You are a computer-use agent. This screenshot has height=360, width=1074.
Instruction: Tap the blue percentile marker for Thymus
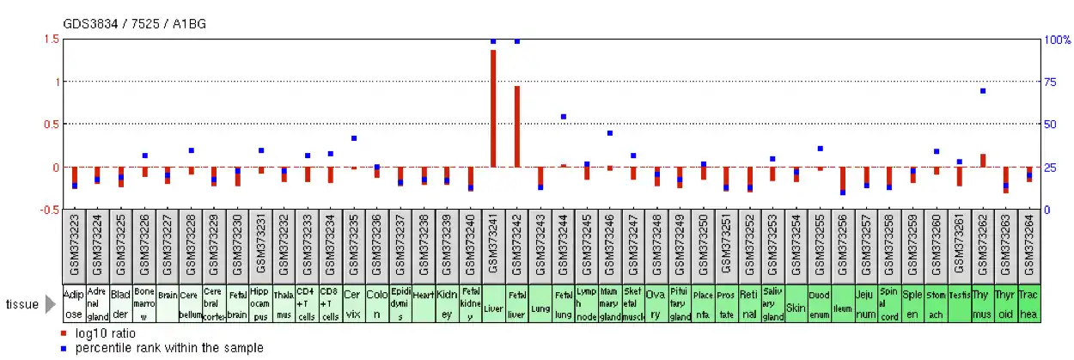pos(983,91)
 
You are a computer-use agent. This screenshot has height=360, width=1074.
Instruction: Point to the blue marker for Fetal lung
pos(564,117)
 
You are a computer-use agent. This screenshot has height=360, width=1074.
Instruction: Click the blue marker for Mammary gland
pos(610,133)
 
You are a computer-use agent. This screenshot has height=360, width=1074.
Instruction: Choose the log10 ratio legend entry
pos(105,333)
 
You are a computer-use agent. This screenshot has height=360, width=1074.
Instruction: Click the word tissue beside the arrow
pos(21,304)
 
